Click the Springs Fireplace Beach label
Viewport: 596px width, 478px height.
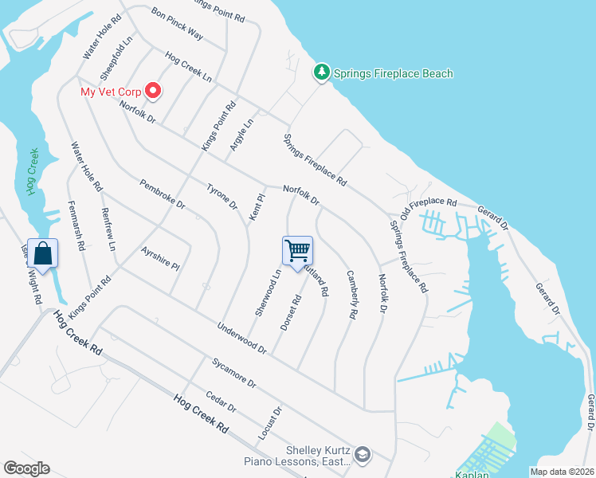(394, 74)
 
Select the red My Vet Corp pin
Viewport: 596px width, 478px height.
(152, 92)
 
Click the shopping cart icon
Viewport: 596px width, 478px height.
(298, 250)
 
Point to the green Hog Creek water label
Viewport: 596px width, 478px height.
(33, 171)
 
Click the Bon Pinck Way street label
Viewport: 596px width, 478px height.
(177, 25)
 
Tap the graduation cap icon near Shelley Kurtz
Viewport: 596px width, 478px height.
(363, 454)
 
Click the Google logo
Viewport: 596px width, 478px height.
(27, 468)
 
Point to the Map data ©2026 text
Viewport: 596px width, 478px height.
(561, 471)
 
